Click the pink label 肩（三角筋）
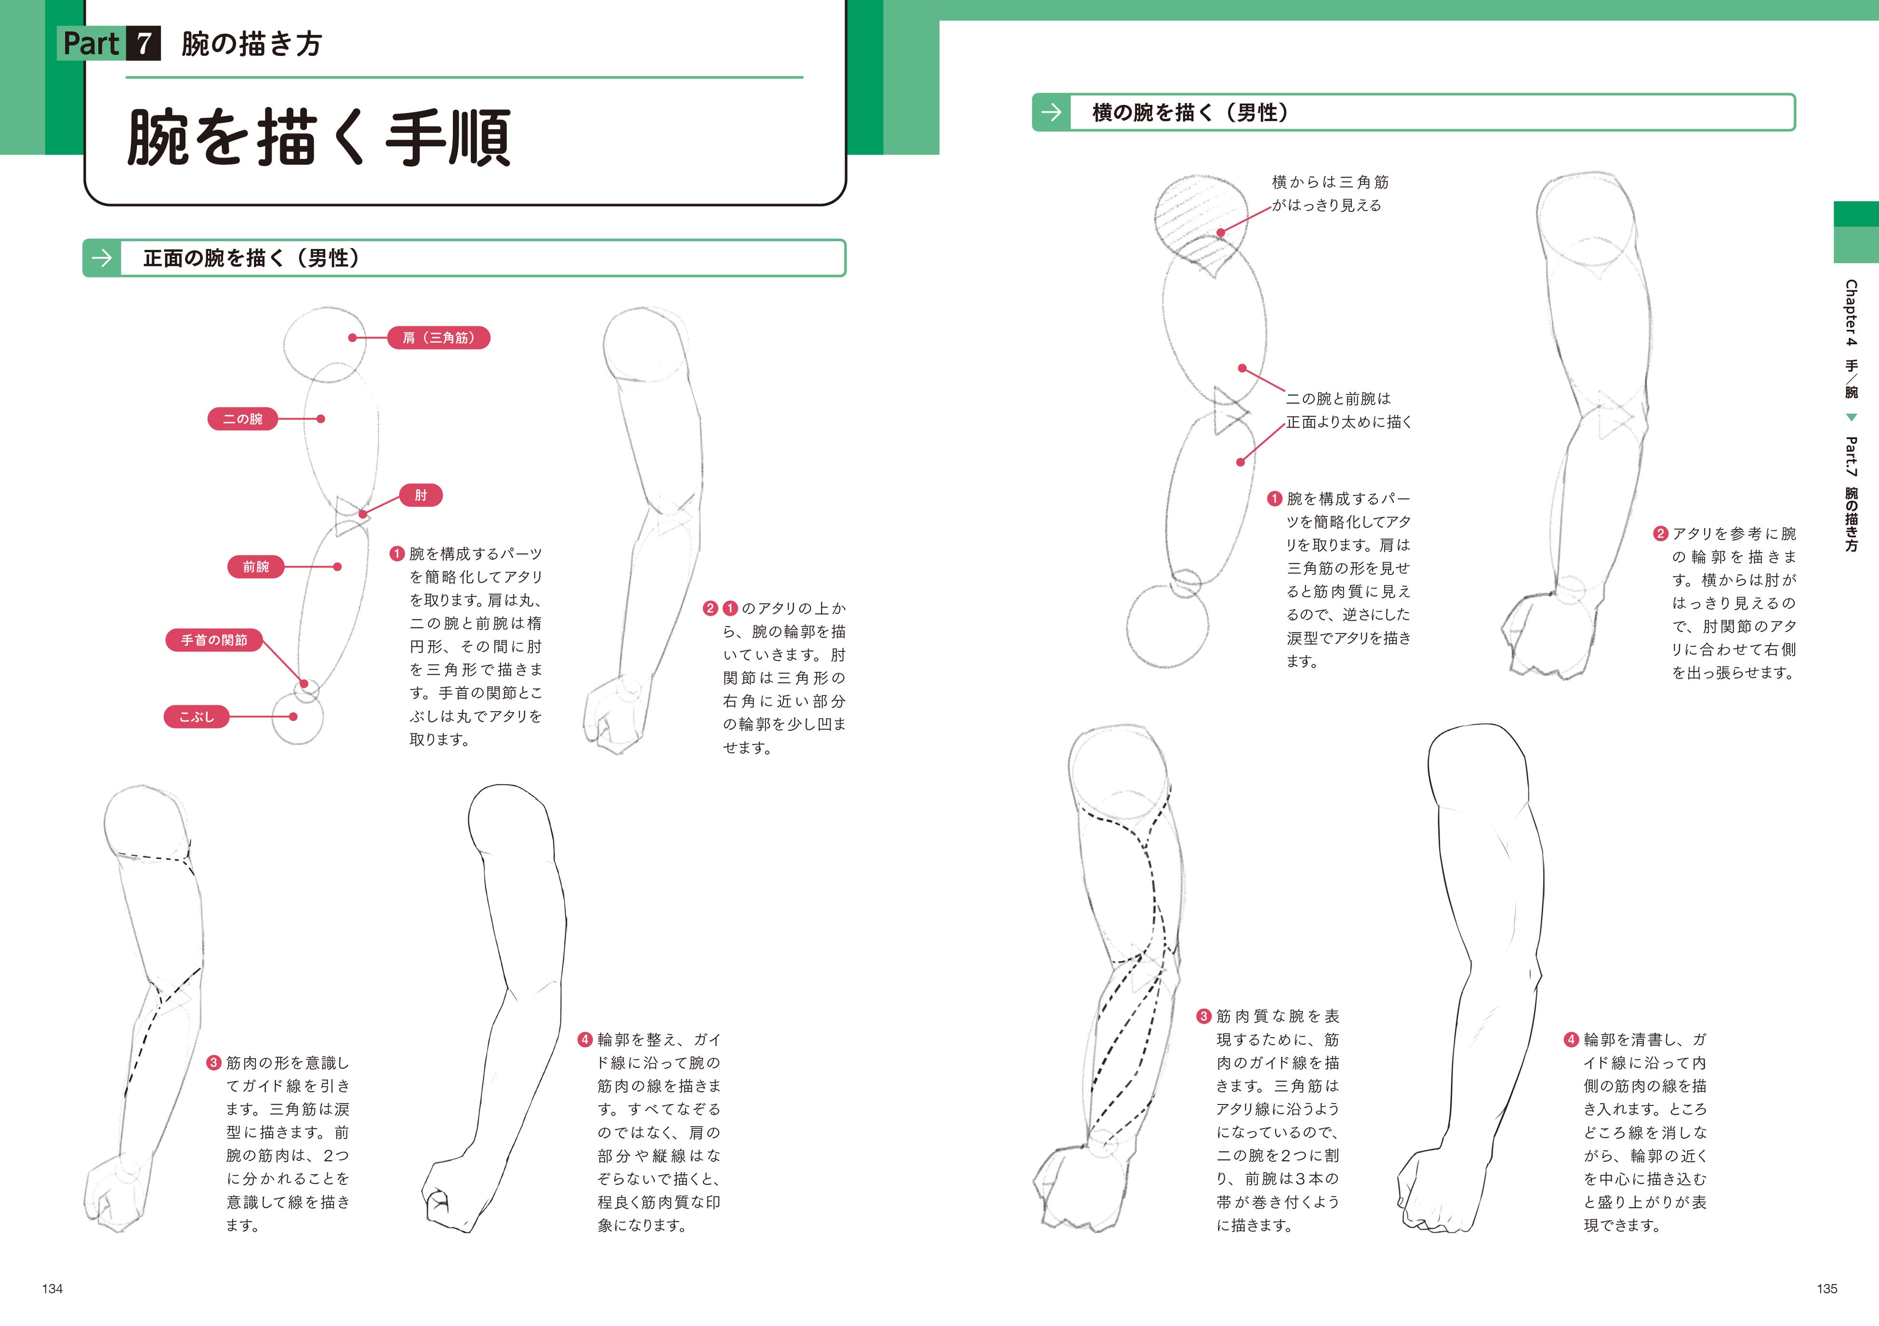pyautogui.click(x=438, y=338)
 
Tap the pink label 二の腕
pyautogui.click(x=242, y=419)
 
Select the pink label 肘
pyautogui.click(x=421, y=495)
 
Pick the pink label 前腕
pyautogui.click(x=255, y=566)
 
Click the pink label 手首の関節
pyautogui.click(x=213, y=640)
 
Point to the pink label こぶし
pyautogui.click(x=197, y=716)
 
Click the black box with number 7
pyautogui.click(x=144, y=43)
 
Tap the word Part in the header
pyautogui.click(x=91, y=43)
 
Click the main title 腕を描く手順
pyautogui.click(x=319, y=137)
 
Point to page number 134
pyautogui.click(x=53, y=1288)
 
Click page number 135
pyautogui.click(x=1826, y=1288)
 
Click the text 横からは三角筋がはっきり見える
pyautogui.click(x=1329, y=194)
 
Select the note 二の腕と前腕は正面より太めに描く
pyautogui.click(x=1348, y=410)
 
